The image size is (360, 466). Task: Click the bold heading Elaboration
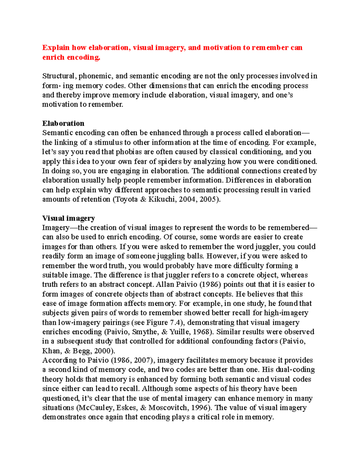pyautogui.click(x=63, y=123)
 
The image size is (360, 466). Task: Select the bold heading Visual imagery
pyautogui.click(x=68, y=218)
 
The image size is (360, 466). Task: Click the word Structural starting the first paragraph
pyautogui.click(x=59, y=76)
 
